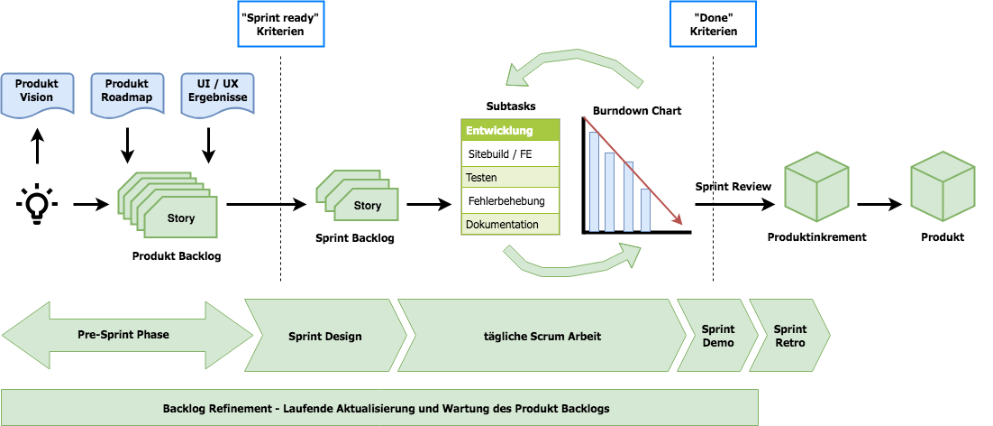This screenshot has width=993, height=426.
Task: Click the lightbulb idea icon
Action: click(x=36, y=204)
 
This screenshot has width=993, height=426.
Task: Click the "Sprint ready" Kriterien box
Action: click(x=279, y=24)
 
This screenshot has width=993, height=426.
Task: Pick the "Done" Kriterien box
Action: click(x=714, y=24)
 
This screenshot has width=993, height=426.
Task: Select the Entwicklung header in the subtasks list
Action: click(x=510, y=131)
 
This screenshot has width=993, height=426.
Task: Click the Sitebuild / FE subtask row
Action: click(x=510, y=154)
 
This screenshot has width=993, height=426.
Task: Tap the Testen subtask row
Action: click(x=510, y=178)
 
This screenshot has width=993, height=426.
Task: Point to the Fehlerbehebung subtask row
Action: click(x=510, y=201)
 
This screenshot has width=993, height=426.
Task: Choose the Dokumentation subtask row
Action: click(x=510, y=225)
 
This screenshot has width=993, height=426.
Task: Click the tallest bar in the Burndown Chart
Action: click(x=594, y=181)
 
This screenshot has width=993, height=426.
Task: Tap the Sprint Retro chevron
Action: click(x=788, y=336)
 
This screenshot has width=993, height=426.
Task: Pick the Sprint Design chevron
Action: click(x=325, y=336)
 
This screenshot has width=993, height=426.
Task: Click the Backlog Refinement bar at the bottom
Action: click(x=379, y=408)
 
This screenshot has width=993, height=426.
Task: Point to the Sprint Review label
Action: click(x=733, y=187)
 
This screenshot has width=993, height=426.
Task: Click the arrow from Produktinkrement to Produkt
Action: click(x=879, y=205)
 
